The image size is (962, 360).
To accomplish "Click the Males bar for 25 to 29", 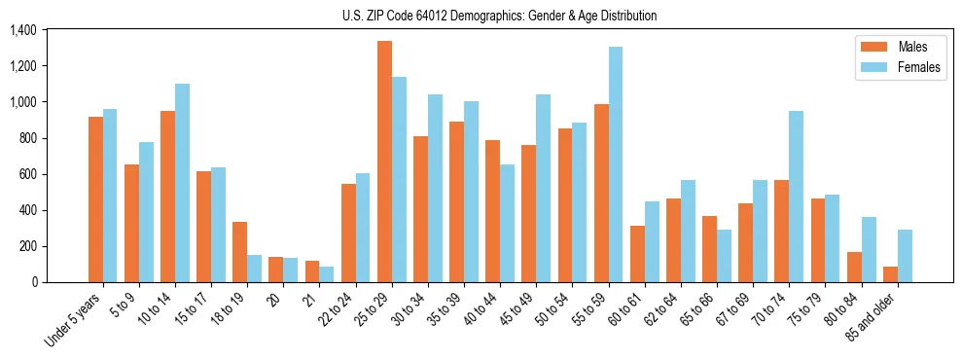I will pyautogui.click(x=384, y=162).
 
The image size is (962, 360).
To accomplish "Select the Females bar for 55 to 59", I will pyautogui.click(x=616, y=164).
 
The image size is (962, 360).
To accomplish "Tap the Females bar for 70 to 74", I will pyautogui.click(x=797, y=197).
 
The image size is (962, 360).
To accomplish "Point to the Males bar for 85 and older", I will pyautogui.click(x=890, y=274).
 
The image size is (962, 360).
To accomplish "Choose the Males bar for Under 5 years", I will pyautogui.click(x=95, y=199).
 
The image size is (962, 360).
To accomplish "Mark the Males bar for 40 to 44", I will pyautogui.click(x=493, y=211).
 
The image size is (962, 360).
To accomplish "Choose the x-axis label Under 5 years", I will pyautogui.click(x=73, y=316).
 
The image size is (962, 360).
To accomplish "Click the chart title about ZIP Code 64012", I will pyautogui.click(x=500, y=16).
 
